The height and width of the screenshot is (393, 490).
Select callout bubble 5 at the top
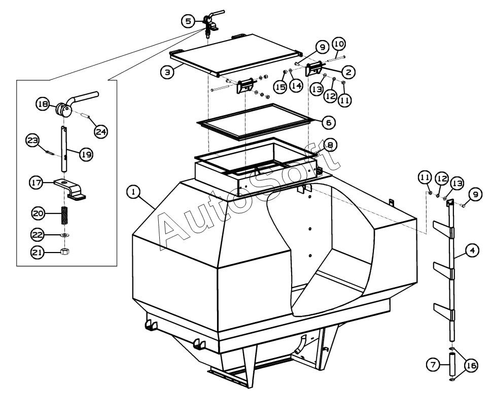(188, 21)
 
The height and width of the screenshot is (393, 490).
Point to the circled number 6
(328, 122)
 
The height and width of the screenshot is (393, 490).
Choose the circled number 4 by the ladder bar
(472, 250)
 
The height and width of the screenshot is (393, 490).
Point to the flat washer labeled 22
(65, 235)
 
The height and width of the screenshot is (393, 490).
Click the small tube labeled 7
(451, 364)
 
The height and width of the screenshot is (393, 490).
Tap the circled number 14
(296, 87)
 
